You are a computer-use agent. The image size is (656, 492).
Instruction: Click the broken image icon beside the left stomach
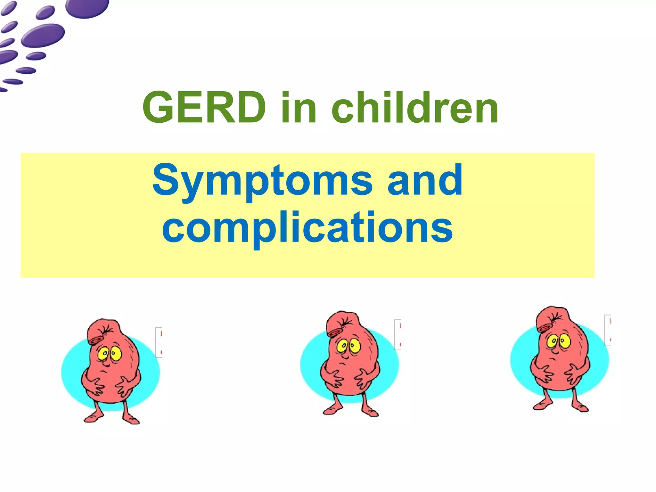[159, 342]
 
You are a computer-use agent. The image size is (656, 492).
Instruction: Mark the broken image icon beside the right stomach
[608, 330]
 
